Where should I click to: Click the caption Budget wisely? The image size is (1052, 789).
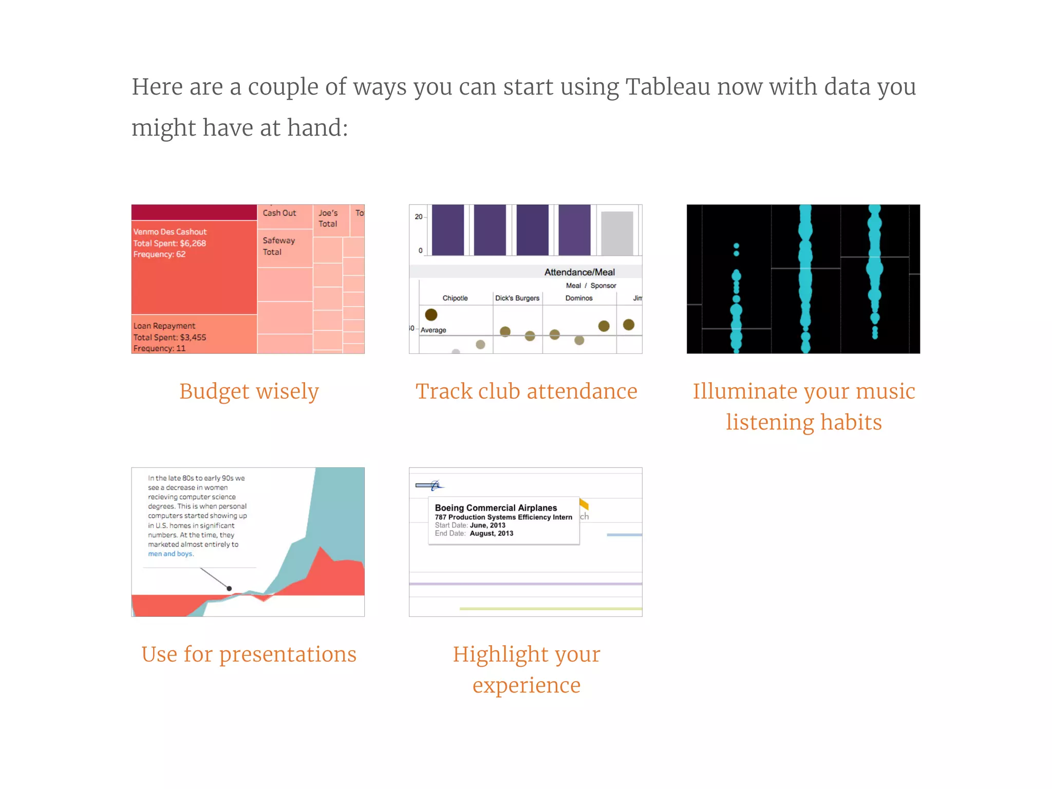(249, 391)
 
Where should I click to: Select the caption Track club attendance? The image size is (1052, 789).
(526, 391)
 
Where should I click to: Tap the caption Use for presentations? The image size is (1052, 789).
(249, 654)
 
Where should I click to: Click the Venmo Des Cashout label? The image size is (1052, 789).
(170, 232)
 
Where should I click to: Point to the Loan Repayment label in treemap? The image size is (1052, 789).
(164, 326)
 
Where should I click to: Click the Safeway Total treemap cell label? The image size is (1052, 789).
(278, 246)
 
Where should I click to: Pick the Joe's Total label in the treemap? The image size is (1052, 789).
(328, 218)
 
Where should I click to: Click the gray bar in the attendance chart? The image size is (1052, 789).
(617, 233)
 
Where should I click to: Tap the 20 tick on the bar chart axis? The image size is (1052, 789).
(418, 217)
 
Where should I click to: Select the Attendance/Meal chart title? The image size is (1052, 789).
(579, 272)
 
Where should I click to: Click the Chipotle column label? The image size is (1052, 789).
(455, 298)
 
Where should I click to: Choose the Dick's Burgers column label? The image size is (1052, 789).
(517, 298)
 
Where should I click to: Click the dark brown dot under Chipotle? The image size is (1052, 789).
(431, 314)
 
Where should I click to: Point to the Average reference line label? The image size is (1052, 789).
(433, 330)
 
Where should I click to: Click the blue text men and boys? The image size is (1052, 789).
(171, 554)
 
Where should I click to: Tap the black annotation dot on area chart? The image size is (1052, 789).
(229, 589)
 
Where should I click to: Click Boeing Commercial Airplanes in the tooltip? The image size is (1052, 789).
(496, 508)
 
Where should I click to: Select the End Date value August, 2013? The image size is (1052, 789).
(491, 533)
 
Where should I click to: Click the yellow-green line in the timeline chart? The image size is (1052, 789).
(550, 609)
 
